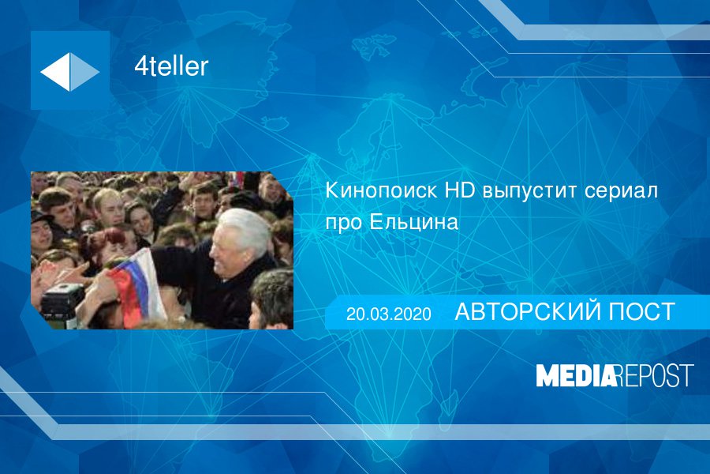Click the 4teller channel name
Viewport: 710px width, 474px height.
click(x=171, y=66)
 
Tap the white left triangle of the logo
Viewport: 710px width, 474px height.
click(x=58, y=72)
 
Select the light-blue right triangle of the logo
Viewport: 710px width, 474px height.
click(x=84, y=72)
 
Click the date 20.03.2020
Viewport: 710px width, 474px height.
click(x=388, y=314)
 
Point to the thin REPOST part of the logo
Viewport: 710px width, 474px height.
click(x=655, y=375)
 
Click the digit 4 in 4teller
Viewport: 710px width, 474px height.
click(x=141, y=66)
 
